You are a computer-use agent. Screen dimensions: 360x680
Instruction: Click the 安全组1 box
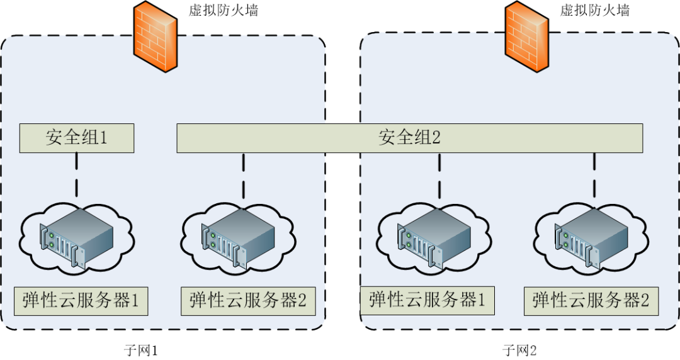pos(76,138)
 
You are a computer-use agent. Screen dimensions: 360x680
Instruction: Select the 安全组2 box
pos(409,138)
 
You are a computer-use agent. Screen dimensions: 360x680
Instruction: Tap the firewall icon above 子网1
pos(155,37)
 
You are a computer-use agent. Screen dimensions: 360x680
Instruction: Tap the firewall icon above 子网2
pos(528,37)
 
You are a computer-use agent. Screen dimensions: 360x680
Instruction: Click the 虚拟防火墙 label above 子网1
pos(223,11)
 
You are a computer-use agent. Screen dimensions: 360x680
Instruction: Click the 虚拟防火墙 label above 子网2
pos(594,11)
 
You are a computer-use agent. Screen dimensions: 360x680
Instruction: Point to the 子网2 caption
pos(519,350)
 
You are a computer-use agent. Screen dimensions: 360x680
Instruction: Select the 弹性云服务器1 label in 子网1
pos(81,301)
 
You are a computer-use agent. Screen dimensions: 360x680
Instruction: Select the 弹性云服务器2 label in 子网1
pos(247,301)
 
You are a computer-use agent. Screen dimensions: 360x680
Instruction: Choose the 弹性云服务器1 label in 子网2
pos(428,300)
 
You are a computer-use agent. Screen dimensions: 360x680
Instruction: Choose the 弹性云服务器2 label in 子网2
pos(591,301)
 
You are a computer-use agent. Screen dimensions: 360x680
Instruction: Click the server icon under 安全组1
pos(77,240)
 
